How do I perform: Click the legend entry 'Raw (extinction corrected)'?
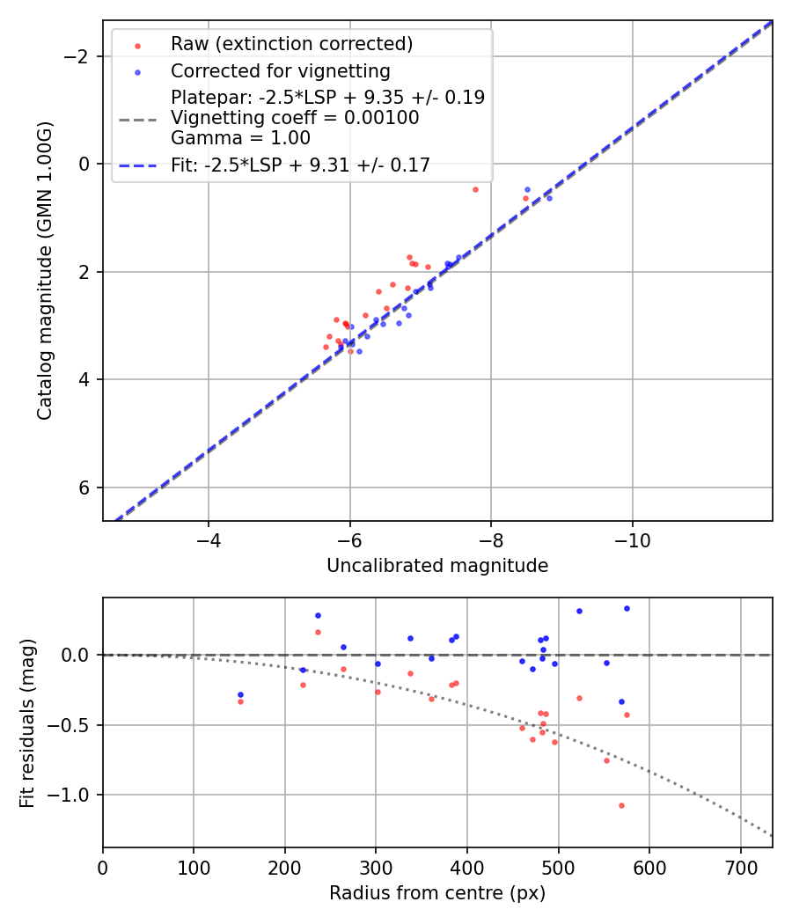tap(291, 44)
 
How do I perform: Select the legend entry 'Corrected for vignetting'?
tap(280, 70)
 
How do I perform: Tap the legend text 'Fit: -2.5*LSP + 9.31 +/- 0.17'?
tap(300, 165)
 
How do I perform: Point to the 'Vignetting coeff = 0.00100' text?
tap(295, 117)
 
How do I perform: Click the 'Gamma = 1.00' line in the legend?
tap(240, 137)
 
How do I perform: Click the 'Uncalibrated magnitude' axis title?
tap(437, 566)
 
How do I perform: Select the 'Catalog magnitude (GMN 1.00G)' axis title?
tap(45, 270)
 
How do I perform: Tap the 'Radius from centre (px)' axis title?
tap(437, 893)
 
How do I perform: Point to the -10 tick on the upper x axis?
tap(632, 539)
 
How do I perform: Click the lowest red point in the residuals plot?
tap(621, 805)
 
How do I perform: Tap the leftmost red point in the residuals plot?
tap(240, 701)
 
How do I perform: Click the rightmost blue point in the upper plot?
tap(549, 198)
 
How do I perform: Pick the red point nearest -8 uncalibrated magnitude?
tap(475, 189)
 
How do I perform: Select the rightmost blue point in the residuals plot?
tap(627, 608)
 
